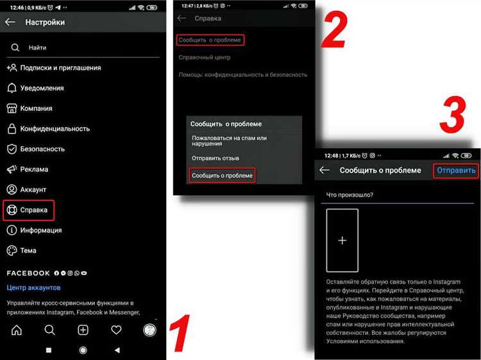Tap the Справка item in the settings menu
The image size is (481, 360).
tap(34, 210)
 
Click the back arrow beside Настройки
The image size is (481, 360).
tap(10, 22)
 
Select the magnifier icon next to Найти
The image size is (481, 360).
tap(15, 47)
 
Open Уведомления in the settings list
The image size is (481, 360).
tap(42, 88)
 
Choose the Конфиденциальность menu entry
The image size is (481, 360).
tap(55, 128)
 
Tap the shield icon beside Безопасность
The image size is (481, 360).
tap(12, 149)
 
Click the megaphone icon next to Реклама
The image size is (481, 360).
tap(12, 169)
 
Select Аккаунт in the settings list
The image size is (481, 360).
tap(33, 190)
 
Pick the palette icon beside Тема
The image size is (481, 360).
tap(12, 250)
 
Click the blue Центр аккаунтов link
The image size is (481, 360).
tap(34, 287)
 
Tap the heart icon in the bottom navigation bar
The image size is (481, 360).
tap(116, 330)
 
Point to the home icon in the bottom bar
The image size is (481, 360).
tap(17, 330)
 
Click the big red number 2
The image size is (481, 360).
tap(334, 30)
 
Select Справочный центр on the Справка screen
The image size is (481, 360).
tap(205, 57)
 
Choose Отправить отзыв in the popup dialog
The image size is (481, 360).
tap(215, 159)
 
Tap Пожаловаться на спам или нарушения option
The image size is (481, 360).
tap(229, 141)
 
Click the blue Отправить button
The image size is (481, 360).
tap(456, 170)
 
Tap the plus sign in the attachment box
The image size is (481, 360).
tap(342, 240)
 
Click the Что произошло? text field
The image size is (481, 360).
tap(397, 195)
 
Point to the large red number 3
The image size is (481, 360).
tap(453, 114)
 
